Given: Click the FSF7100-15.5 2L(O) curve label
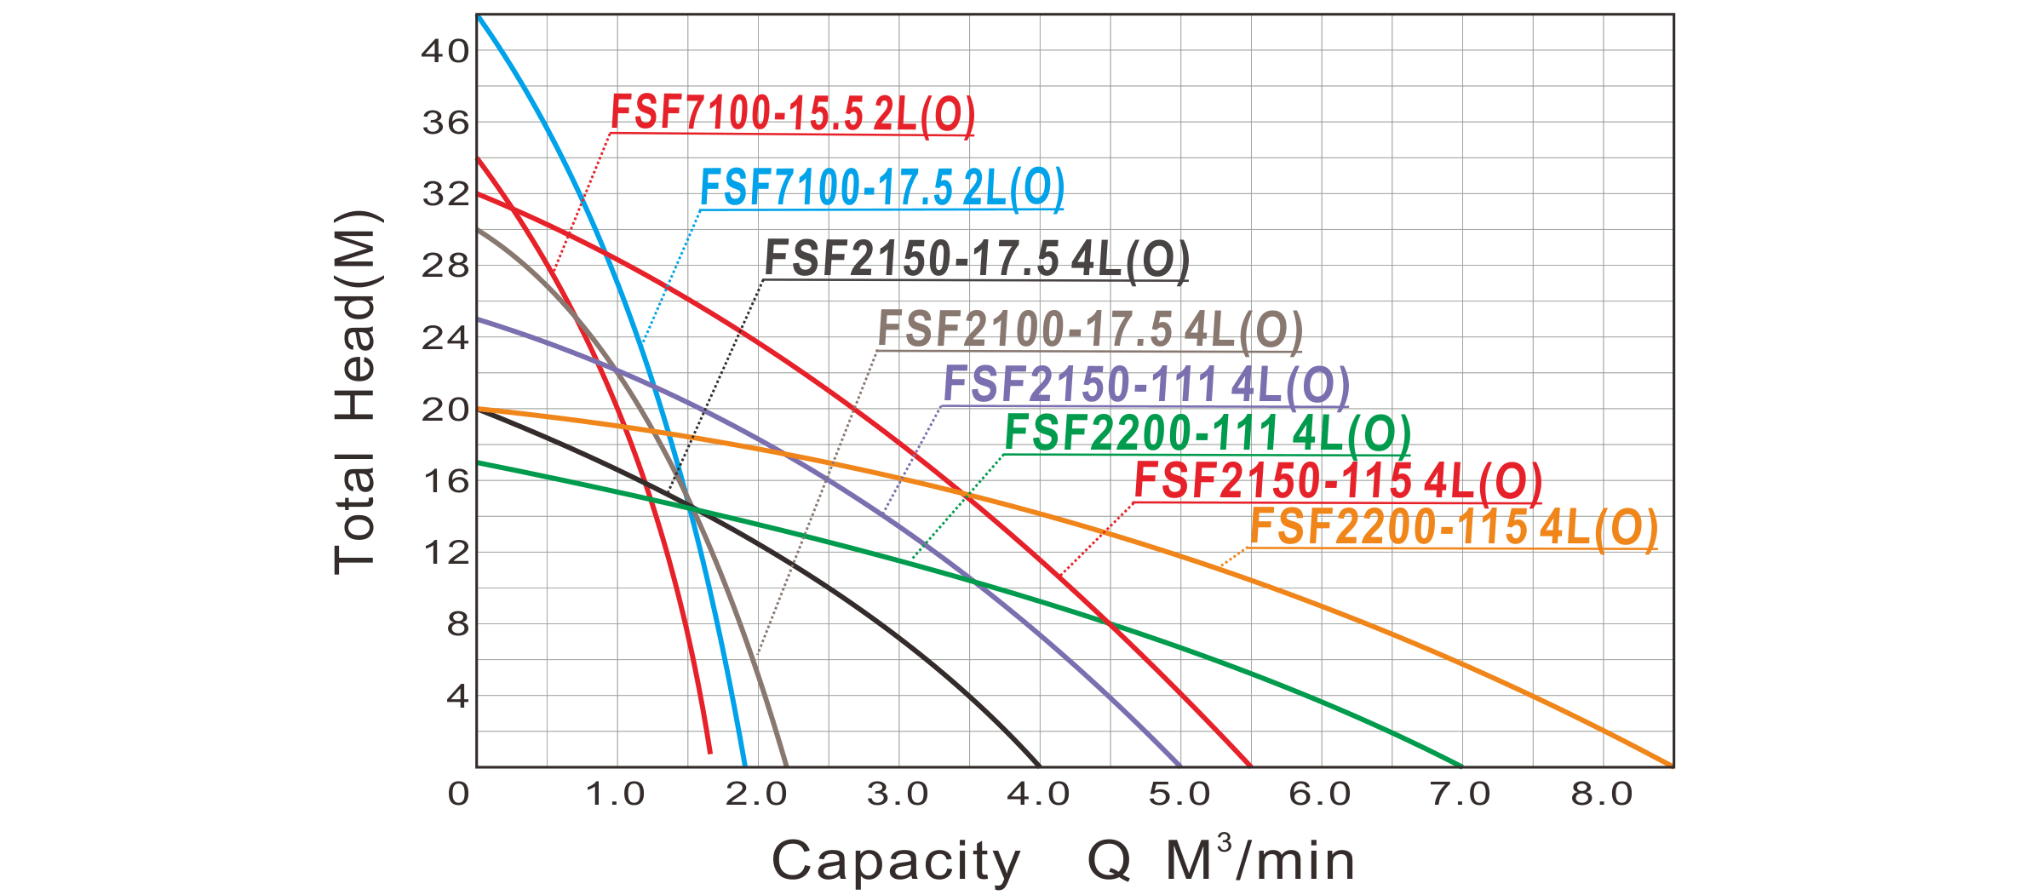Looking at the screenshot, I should tap(792, 116).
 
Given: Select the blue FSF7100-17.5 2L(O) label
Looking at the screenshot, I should tap(882, 189).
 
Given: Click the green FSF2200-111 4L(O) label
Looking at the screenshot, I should tap(1207, 435).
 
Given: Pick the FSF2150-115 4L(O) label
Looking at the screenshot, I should tap(1338, 484).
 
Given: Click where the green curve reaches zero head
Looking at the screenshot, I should tap(1461, 766).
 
